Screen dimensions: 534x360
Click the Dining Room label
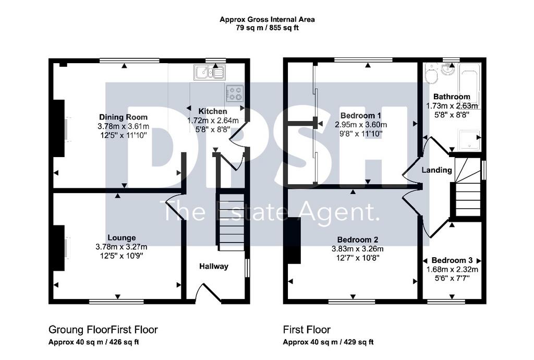123,117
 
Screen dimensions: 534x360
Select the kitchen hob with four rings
234,93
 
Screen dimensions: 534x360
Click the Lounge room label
122,238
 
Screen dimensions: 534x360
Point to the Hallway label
213,266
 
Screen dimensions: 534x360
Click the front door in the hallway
209,294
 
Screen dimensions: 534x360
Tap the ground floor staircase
231,222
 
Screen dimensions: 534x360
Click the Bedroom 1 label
361,115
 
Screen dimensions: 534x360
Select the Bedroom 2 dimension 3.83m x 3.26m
358,249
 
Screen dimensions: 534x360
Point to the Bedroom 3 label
452,260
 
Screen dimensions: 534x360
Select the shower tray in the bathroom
469,140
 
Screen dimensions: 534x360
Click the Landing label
436,170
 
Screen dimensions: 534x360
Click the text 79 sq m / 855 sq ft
268,28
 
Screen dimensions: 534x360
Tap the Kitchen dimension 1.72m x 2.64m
213,120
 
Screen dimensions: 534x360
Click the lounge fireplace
58,248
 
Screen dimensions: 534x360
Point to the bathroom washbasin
447,69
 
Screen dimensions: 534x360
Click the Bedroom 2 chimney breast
294,241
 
